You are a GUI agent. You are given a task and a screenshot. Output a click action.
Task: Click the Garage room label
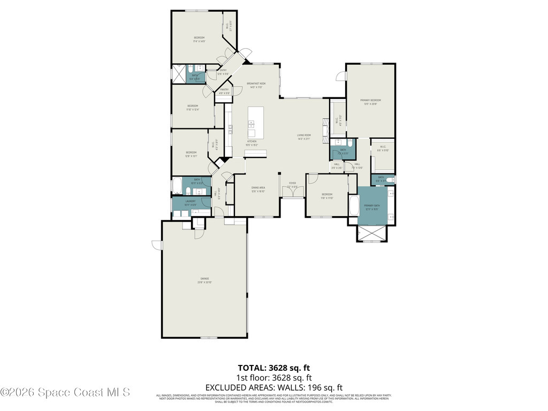204,280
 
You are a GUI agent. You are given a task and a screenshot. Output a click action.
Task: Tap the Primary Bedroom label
370,102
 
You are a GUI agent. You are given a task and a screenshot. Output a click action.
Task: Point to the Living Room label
304,136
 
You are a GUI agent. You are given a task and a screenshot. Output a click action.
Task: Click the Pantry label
224,91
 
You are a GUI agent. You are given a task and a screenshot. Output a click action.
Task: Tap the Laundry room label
191,202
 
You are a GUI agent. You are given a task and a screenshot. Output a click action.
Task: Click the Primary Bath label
371,207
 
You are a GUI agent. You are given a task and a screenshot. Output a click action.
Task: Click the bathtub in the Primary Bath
353,207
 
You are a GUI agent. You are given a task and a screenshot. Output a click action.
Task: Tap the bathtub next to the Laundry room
177,185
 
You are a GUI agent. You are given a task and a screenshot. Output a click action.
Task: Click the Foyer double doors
293,191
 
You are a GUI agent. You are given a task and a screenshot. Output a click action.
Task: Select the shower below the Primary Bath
370,233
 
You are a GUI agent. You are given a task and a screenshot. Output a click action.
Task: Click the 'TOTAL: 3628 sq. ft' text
273,368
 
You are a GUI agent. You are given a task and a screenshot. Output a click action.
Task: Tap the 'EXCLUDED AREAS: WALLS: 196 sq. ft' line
273,387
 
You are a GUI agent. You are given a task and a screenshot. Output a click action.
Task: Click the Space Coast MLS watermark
65,392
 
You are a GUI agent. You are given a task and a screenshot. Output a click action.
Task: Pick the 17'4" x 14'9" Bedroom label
200,39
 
